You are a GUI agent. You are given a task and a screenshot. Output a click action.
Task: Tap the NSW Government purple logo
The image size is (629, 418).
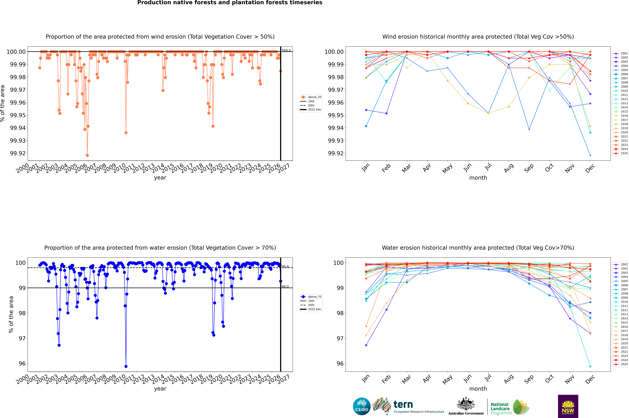(x=568, y=406)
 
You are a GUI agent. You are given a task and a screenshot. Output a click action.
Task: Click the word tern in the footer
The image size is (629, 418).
(x=403, y=405)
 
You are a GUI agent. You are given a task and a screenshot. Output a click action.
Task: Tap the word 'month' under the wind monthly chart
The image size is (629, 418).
(x=478, y=178)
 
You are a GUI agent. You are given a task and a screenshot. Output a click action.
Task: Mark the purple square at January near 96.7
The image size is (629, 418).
(x=366, y=345)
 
